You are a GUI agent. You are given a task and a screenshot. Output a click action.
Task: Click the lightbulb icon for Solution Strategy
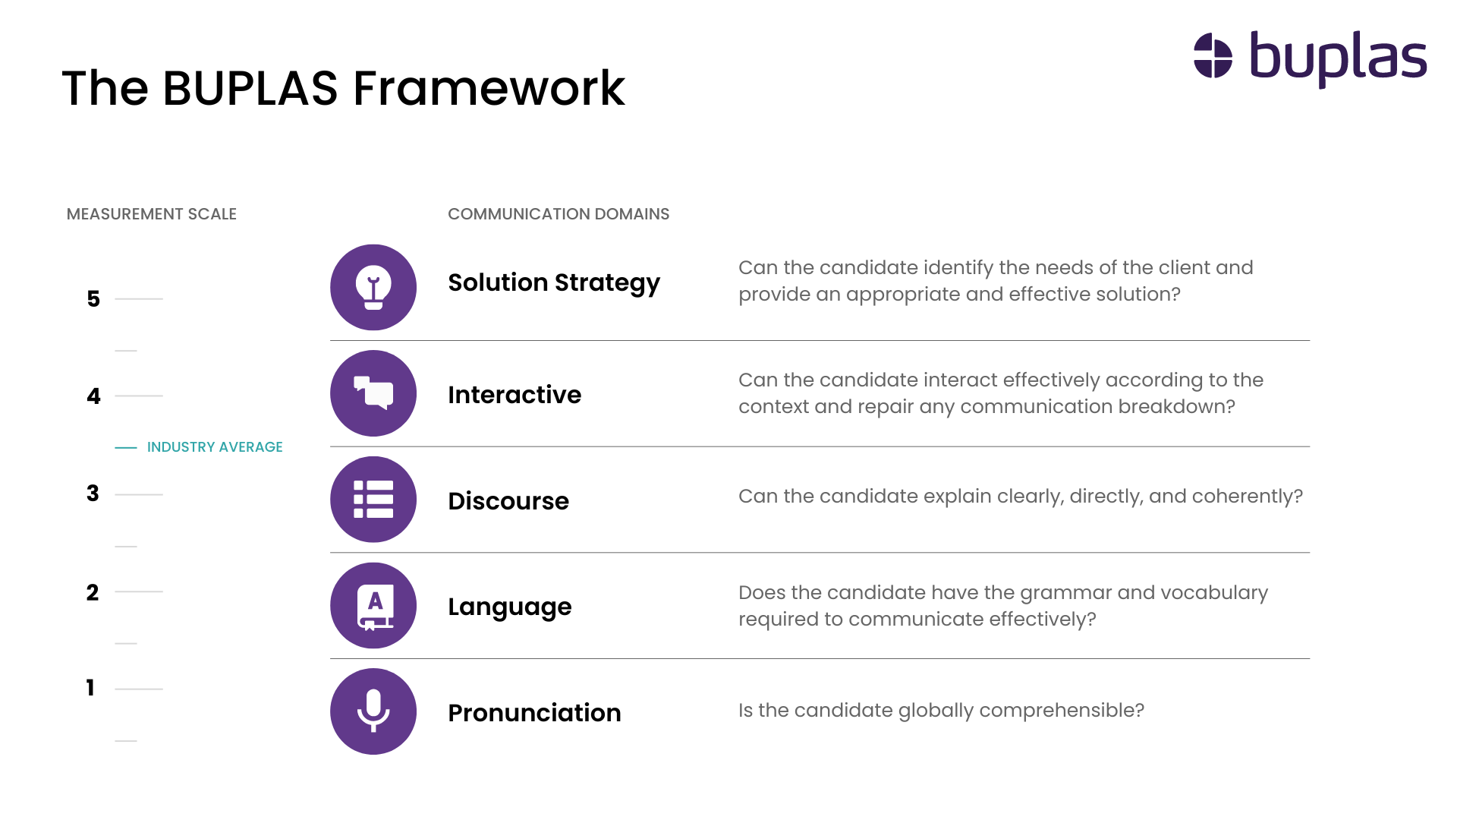click(x=373, y=287)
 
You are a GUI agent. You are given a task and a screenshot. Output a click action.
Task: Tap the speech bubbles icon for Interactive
click(x=373, y=393)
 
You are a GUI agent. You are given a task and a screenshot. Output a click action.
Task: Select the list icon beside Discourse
click(x=373, y=500)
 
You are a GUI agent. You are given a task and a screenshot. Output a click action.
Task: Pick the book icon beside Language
click(x=373, y=606)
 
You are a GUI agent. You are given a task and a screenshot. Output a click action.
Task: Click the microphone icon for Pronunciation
click(x=373, y=711)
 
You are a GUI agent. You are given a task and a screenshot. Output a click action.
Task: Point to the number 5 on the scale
click(x=93, y=299)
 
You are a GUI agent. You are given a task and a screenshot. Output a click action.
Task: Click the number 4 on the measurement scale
click(x=93, y=396)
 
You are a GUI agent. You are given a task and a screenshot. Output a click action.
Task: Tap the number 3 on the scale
click(x=93, y=494)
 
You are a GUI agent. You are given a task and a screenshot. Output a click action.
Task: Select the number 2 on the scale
click(x=93, y=592)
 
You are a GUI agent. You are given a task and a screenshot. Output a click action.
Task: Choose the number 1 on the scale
click(x=90, y=688)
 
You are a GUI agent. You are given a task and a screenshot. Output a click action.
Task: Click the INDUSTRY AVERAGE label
click(x=215, y=447)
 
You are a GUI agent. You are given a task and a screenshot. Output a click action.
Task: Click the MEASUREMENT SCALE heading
click(x=152, y=214)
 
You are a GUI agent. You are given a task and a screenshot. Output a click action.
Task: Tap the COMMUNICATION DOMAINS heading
click(x=559, y=214)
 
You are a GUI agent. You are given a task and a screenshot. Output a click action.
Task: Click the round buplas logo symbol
click(x=1213, y=56)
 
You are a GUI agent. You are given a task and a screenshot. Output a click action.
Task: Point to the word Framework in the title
click(x=489, y=88)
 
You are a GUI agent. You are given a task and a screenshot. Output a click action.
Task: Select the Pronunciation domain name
click(x=534, y=713)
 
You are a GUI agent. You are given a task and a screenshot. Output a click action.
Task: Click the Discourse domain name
click(x=508, y=501)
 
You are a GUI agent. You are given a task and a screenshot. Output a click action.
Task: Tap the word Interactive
click(x=515, y=395)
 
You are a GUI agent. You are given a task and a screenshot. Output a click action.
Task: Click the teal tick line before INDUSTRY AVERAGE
click(x=126, y=448)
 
